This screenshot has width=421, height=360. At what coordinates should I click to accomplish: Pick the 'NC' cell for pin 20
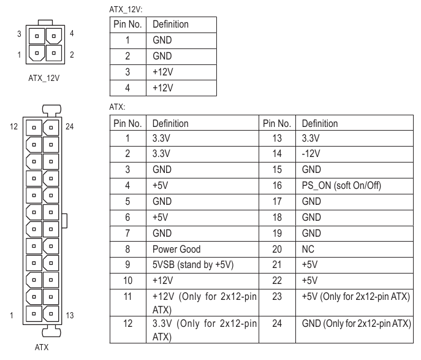(x=308, y=250)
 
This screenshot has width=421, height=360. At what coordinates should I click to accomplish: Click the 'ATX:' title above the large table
(x=116, y=107)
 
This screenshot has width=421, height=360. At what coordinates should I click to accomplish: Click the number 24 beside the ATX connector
(x=69, y=128)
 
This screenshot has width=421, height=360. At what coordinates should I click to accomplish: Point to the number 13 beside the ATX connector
(x=69, y=316)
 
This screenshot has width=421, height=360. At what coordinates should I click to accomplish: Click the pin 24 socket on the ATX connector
(x=54, y=128)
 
